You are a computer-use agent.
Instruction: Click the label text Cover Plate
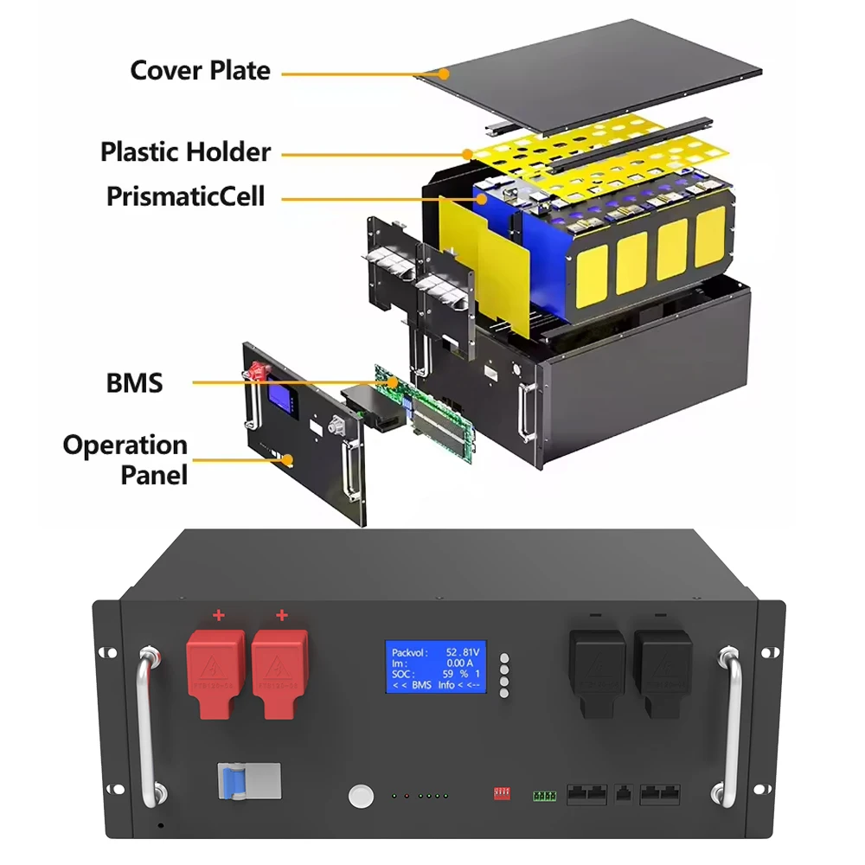(x=200, y=70)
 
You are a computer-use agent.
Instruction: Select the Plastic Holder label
(x=185, y=152)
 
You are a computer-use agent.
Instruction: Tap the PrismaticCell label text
(x=185, y=195)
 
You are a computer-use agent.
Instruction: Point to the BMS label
(x=134, y=381)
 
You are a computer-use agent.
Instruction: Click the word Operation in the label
(x=125, y=445)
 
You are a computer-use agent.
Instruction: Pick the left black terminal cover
(x=597, y=671)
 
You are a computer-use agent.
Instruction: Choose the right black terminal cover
(x=659, y=671)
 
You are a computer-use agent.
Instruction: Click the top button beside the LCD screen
(x=504, y=657)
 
